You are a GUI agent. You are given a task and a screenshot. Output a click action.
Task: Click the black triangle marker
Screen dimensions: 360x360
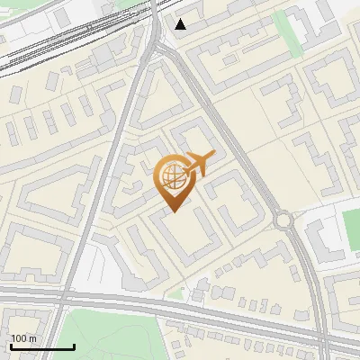(181, 24)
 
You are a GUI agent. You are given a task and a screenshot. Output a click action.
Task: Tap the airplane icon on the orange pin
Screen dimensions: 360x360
(201, 164)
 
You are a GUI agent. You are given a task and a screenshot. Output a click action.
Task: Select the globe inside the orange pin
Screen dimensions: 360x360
(170, 174)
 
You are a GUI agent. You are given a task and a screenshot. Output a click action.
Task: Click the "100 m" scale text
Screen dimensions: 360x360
(23, 338)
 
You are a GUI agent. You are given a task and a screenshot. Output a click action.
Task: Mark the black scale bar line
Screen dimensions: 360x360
(41, 346)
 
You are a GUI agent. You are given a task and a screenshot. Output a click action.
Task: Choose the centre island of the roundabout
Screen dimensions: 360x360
(285, 220)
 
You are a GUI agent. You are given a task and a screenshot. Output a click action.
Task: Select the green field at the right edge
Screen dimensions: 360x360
(351, 229)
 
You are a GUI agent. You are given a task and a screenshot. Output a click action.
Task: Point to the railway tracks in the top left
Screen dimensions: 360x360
(54, 45)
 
